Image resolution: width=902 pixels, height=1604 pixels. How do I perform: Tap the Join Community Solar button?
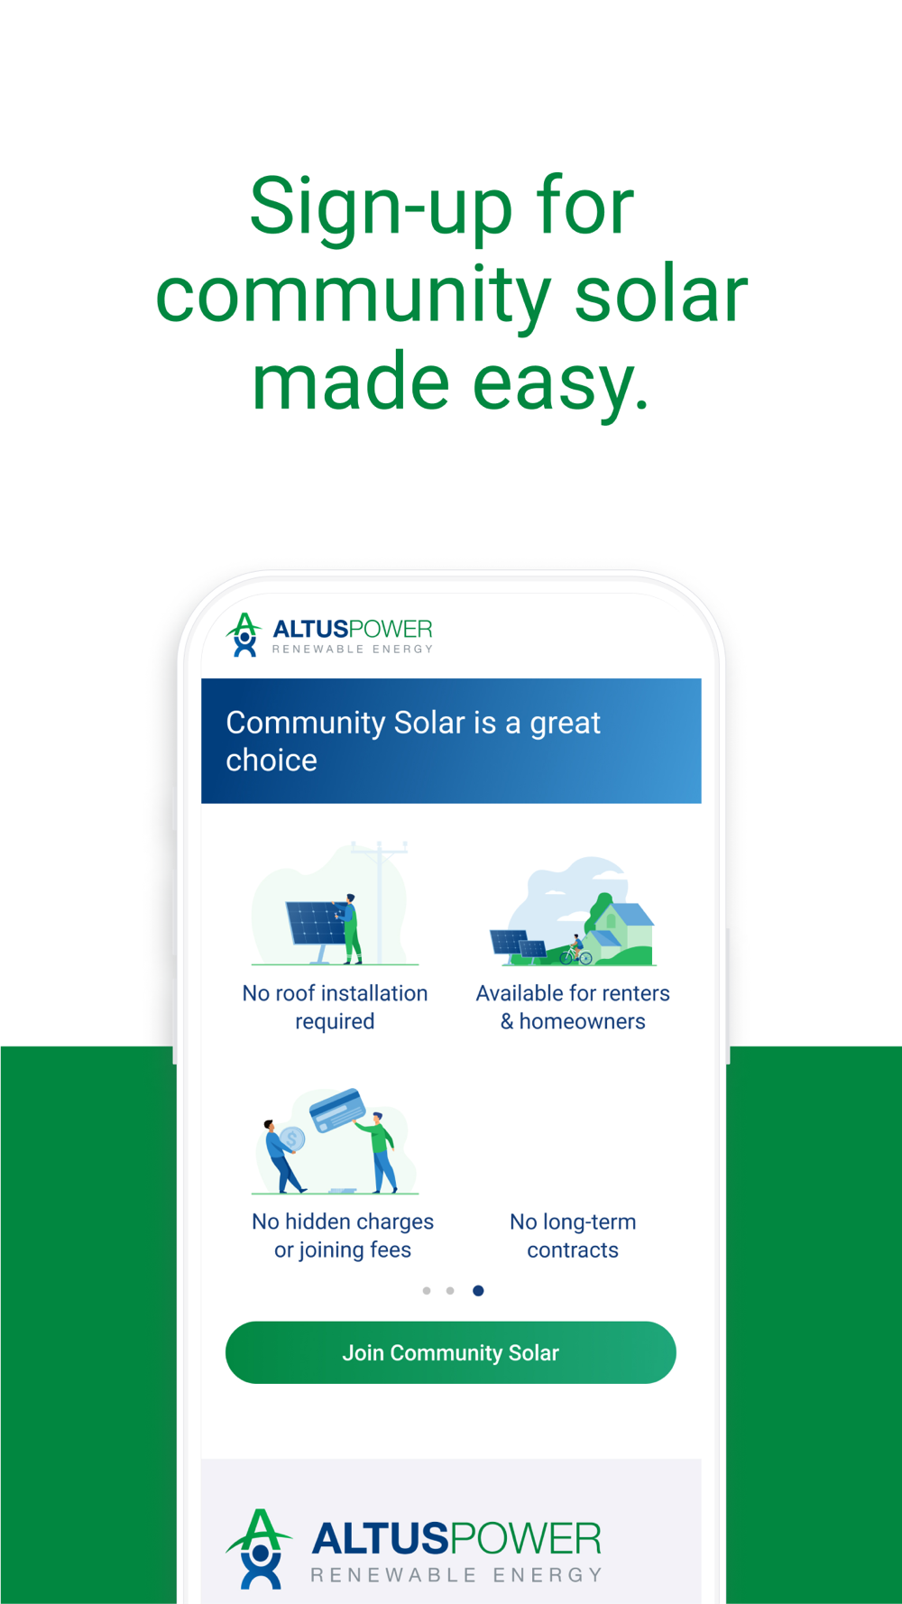point(450,1352)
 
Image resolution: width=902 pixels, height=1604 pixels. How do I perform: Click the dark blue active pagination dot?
point(478,1291)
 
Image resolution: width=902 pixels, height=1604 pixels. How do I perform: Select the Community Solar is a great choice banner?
point(451,741)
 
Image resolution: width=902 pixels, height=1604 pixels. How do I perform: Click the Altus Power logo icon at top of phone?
point(244,634)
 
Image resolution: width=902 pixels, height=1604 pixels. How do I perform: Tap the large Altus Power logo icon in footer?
point(260,1548)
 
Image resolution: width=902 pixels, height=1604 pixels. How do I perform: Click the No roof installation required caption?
point(335,1007)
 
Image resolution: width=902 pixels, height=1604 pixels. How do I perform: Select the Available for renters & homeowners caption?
point(573,1007)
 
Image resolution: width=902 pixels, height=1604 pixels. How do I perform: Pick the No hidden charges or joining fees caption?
point(343,1235)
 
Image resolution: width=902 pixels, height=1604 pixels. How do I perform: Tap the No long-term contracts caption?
point(573,1235)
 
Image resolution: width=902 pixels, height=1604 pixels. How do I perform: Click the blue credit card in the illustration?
point(337,1111)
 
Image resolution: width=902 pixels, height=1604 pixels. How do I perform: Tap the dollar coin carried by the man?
point(292,1139)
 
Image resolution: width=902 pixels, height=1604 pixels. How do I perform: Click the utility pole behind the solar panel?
point(380,901)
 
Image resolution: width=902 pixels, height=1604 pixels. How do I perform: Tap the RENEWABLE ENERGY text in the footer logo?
point(456,1575)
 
